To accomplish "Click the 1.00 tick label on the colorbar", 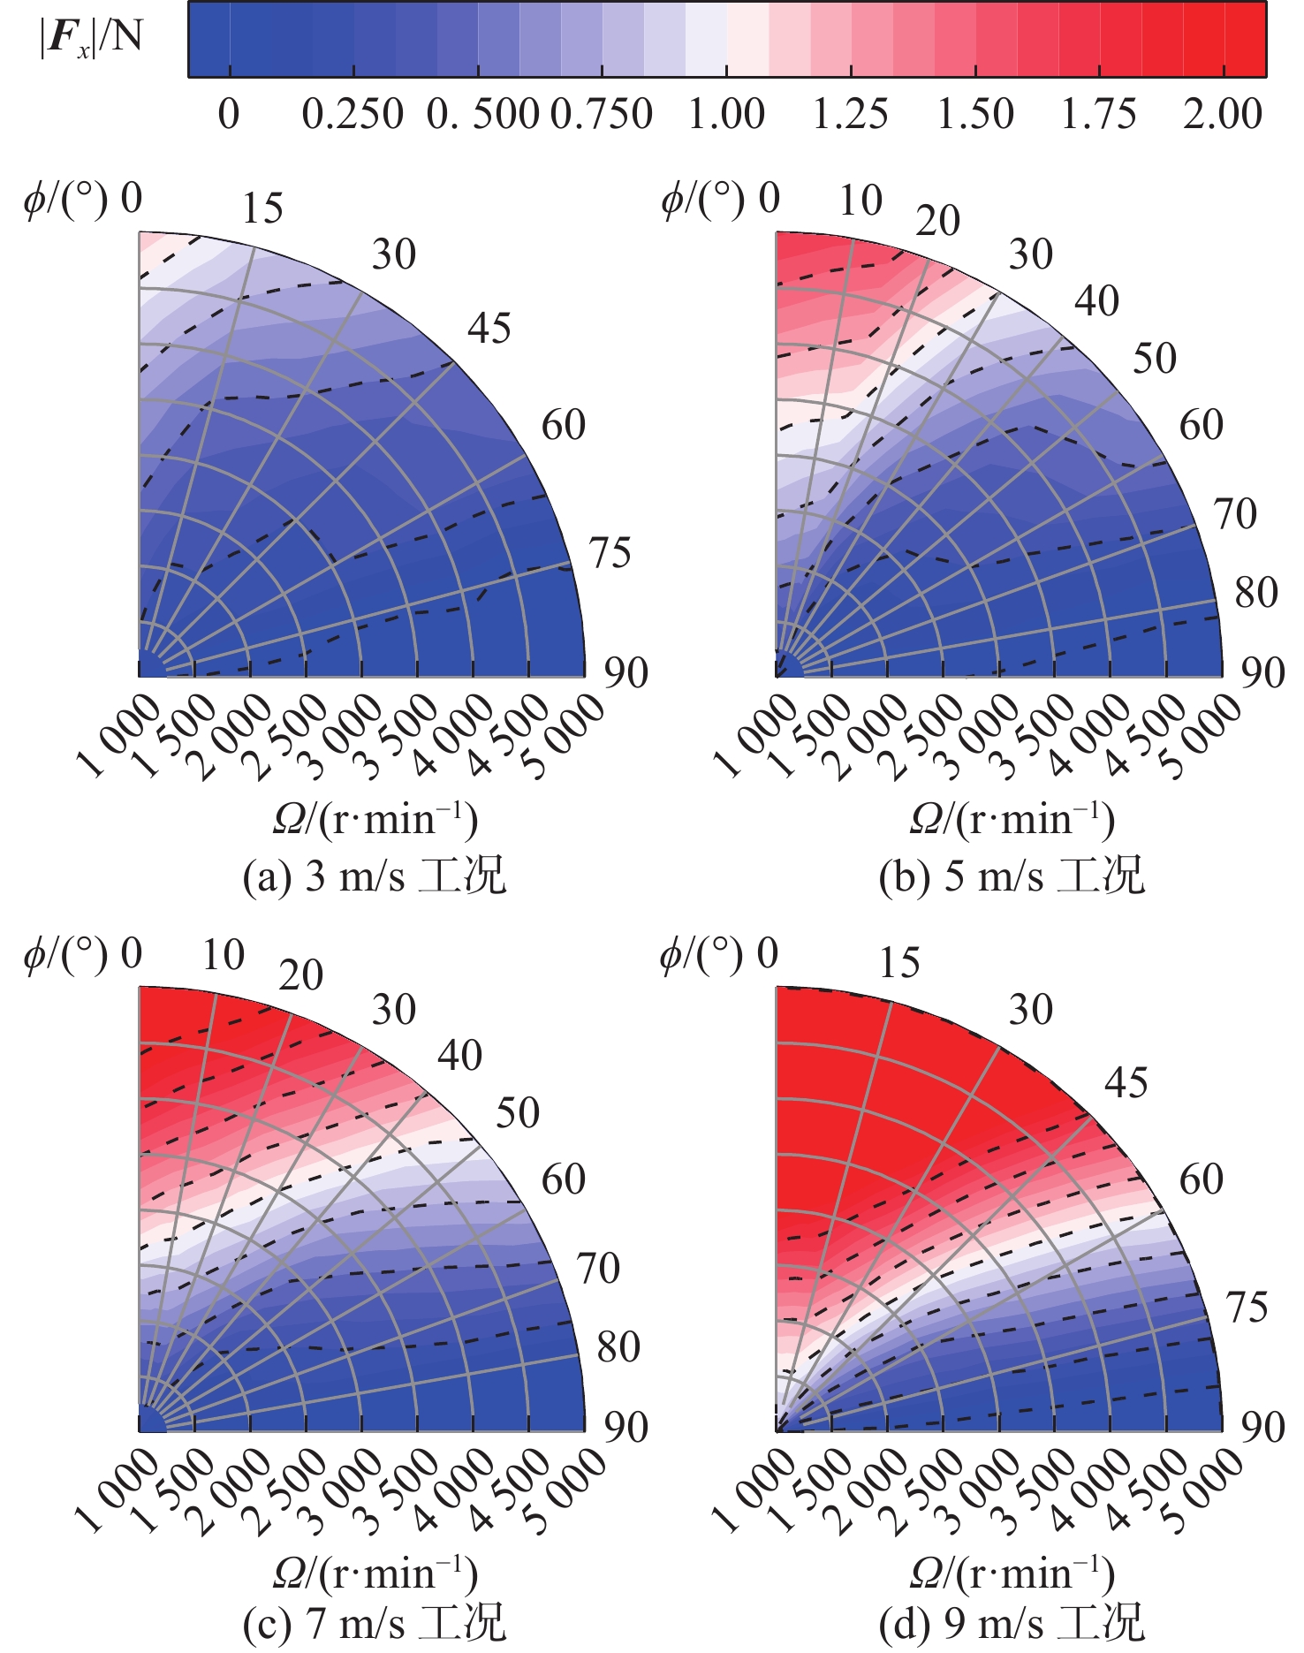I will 726,114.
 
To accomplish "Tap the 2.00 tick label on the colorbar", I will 1223,114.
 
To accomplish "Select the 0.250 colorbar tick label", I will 353,114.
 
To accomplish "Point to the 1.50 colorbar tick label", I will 974,114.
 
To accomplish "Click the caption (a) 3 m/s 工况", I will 375,876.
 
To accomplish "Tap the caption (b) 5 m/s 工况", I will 1012,876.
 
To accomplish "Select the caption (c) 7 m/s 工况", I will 375,1623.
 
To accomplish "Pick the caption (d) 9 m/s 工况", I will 1012,1623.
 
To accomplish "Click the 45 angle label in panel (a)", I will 489,329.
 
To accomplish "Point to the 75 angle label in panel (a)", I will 610,553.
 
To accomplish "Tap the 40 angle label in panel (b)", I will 1096,301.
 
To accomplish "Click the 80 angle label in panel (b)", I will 1256,592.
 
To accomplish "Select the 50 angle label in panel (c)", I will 517,1113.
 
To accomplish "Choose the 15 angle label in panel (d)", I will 899,962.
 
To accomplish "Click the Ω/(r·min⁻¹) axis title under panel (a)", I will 375,820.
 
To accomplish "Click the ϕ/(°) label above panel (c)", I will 65,956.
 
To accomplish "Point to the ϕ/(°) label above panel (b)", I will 702,201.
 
